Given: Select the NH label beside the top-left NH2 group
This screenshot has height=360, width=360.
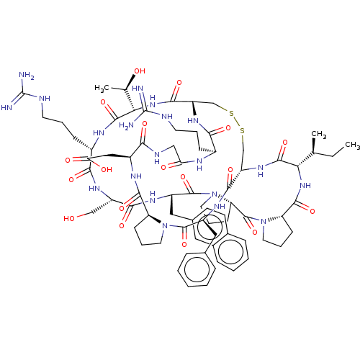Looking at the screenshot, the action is pos(45,98).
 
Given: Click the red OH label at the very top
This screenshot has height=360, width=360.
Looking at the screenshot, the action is pos(140,71).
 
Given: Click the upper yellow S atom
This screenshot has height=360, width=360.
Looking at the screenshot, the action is pos(231,113).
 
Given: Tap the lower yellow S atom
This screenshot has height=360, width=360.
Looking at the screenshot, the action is pos(243,130).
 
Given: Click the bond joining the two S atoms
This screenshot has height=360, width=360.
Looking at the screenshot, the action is pos(237,122).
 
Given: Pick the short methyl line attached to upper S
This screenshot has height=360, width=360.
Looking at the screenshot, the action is pos(224,109).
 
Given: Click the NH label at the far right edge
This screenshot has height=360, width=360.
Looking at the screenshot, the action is pos(305,185).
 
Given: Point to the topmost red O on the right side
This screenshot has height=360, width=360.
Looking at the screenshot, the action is pos(284,142).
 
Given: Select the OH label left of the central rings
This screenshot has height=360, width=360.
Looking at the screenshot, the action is pos(107,170).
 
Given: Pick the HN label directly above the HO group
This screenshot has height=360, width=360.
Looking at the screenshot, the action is pos(94,189).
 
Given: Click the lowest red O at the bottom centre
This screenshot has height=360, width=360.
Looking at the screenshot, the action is pos(184,245).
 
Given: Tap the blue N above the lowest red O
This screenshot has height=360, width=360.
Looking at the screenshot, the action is pos(165,228).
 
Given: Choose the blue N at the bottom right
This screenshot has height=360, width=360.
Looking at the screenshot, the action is pos(264,222).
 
